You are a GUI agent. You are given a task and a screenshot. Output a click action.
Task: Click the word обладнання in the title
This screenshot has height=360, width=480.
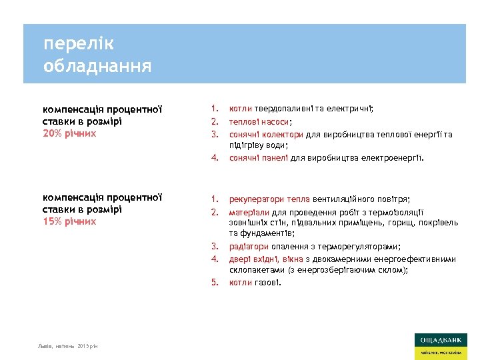(x=97, y=67)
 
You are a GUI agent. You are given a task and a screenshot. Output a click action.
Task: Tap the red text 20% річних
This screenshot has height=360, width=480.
(x=69, y=133)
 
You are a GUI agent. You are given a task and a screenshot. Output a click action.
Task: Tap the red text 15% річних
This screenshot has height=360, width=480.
(x=69, y=221)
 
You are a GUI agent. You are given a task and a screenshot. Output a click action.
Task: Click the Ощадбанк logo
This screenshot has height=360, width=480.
(x=440, y=346)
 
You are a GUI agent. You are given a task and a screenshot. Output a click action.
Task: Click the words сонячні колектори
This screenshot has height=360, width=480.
(x=267, y=134)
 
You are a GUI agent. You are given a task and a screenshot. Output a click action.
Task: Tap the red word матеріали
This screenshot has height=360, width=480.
(x=249, y=211)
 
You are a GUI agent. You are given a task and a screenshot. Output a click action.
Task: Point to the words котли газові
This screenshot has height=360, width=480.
(x=255, y=283)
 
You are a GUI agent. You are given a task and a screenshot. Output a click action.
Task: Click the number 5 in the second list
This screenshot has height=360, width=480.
(x=215, y=283)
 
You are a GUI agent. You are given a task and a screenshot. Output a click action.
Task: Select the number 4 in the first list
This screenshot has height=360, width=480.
(x=215, y=158)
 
